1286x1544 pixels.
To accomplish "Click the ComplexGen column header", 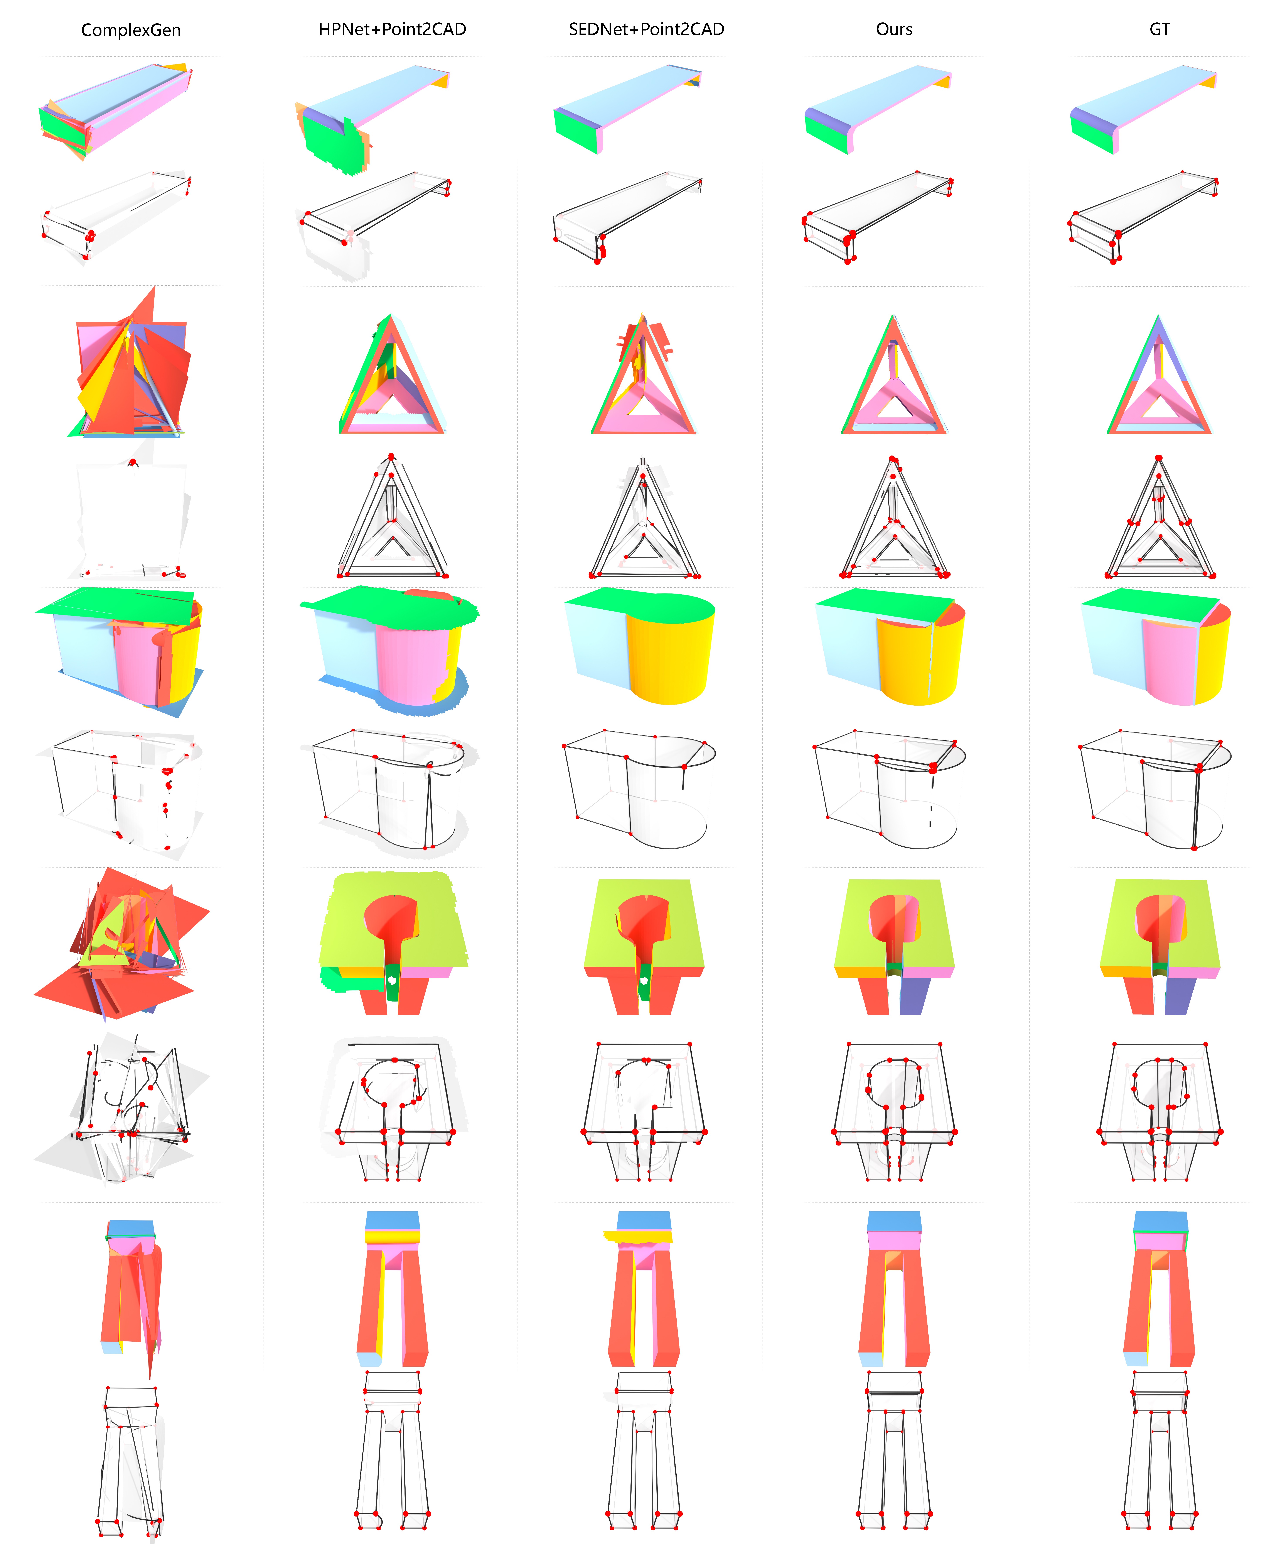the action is (x=131, y=30).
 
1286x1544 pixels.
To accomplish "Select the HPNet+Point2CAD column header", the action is (x=392, y=29).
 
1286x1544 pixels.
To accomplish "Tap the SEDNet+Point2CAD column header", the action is (x=647, y=29).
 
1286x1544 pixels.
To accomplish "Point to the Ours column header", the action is (x=894, y=29).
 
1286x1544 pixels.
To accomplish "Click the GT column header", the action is (x=1160, y=29).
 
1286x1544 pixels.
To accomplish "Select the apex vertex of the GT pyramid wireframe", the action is (x=1159, y=458).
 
